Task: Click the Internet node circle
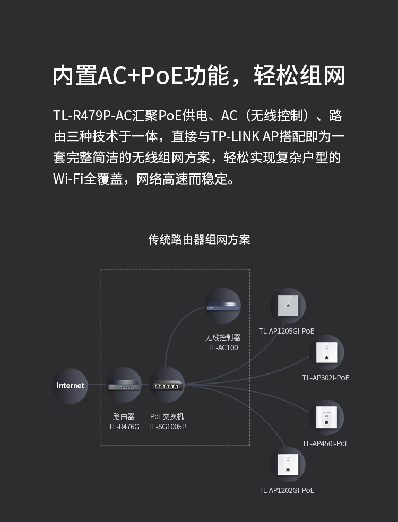[70, 386]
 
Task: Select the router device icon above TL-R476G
[124, 385]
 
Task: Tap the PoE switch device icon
[167, 385]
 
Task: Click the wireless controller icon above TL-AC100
[223, 306]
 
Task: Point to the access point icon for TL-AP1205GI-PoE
[288, 306]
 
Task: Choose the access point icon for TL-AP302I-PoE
[326, 352]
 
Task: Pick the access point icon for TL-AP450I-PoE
[326, 417]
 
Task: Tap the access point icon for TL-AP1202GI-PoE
[288, 464]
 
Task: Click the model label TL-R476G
[124, 427]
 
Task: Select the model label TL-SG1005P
[167, 427]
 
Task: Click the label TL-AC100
[223, 347]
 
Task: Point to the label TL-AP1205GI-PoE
[287, 331]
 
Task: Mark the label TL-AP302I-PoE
[326, 378]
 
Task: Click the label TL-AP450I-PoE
[326, 443]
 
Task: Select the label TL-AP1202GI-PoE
[287, 490]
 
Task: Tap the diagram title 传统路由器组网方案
[199, 240]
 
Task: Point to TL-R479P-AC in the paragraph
[92, 116]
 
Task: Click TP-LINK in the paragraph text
[236, 136]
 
